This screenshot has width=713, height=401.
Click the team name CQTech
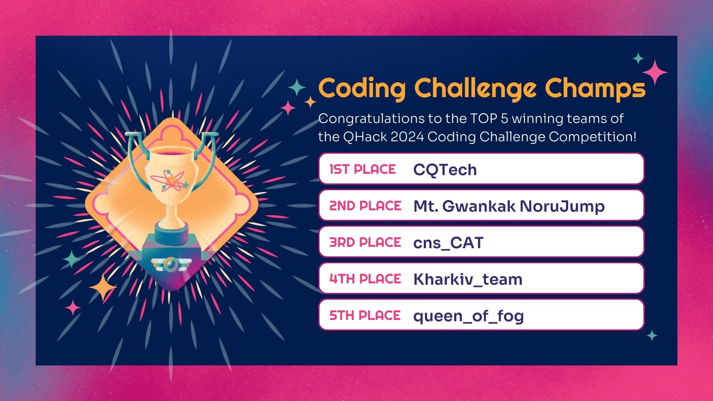pyautogui.click(x=445, y=170)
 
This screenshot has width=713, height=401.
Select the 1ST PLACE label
pyautogui.click(x=362, y=169)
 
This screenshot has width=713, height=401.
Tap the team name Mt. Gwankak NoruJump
pyautogui.click(x=509, y=206)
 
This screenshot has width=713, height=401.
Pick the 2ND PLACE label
pyautogui.click(x=365, y=206)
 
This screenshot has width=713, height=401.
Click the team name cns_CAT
pyautogui.click(x=448, y=243)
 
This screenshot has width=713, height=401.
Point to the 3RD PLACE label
pyautogui.click(x=365, y=242)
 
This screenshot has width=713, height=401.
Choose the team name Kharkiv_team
pyautogui.click(x=467, y=279)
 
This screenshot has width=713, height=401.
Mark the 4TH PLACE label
pyautogui.click(x=365, y=279)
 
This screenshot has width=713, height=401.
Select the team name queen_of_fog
pyautogui.click(x=468, y=316)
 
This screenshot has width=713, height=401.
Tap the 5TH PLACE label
pyautogui.click(x=365, y=315)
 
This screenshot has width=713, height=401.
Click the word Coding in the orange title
pyautogui.click(x=362, y=88)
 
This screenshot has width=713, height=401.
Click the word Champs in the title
pyautogui.click(x=595, y=88)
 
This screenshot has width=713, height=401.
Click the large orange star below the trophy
pyautogui.click(x=103, y=288)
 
